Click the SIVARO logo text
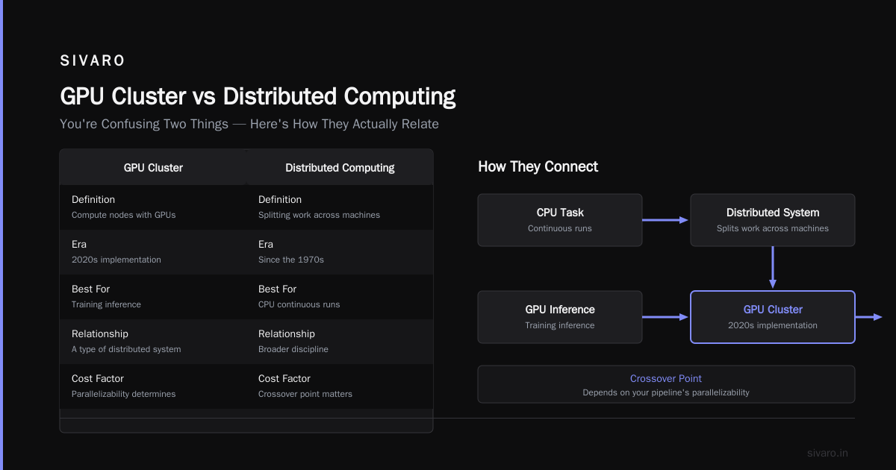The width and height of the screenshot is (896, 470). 92,60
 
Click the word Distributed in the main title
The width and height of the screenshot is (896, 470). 279,96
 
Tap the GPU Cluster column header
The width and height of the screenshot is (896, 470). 153,167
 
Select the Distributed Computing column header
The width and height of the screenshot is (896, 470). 340,167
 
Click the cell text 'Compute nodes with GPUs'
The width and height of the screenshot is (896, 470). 124,215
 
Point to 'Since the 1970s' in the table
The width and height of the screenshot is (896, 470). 290,260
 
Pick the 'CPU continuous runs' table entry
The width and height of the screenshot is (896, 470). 299,304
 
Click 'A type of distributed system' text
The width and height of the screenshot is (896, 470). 126,349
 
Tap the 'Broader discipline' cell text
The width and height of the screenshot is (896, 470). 293,349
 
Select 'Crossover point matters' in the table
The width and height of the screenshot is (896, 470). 305,394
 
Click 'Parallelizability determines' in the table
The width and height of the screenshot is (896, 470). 124,394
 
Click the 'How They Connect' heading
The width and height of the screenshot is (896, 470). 538,166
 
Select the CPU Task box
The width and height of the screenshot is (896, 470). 560,220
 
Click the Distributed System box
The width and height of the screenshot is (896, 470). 773,220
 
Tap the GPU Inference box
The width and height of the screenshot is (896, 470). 560,317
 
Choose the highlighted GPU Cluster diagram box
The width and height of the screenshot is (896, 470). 773,317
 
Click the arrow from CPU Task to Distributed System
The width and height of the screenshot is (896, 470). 665,220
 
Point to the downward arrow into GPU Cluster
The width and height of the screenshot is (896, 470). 773,267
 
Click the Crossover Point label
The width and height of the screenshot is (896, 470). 665,378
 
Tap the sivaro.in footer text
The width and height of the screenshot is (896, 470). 827,454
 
